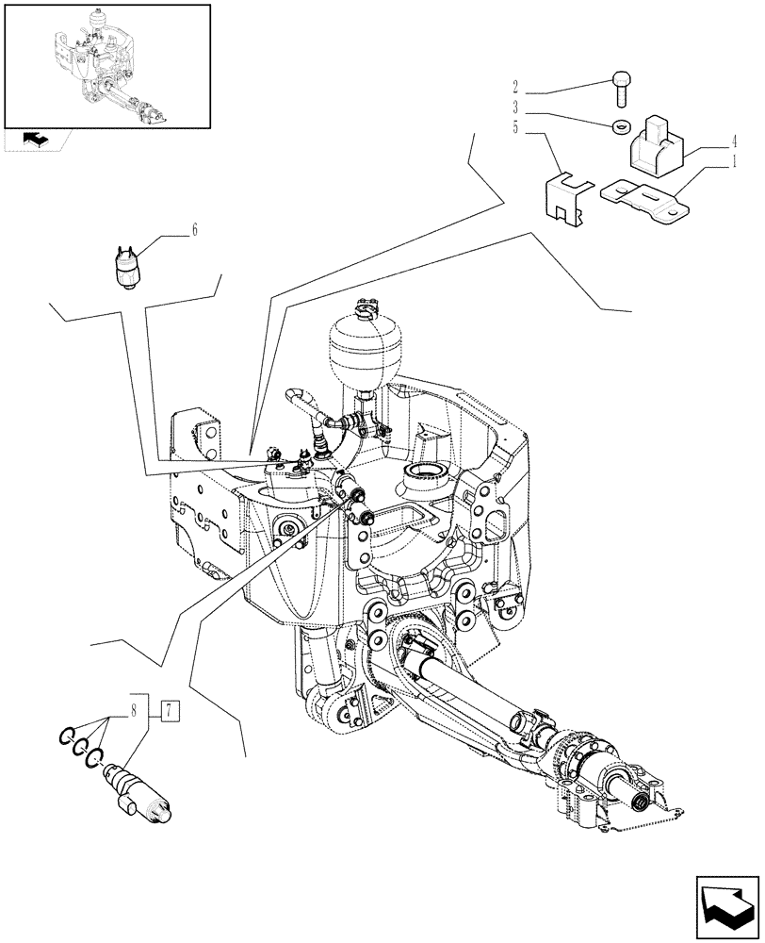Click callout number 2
(x=516, y=94)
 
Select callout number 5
(x=516, y=128)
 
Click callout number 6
(x=194, y=229)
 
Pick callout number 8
(x=135, y=708)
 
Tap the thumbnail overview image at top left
(x=106, y=65)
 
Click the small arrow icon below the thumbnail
(x=36, y=140)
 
